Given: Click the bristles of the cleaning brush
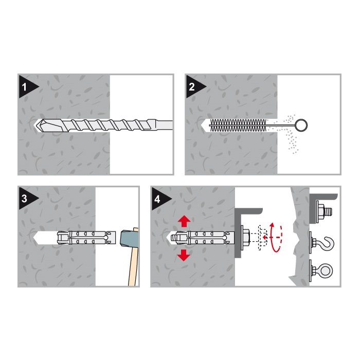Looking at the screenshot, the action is coord(238,125).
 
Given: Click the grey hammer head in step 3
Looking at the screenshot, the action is coord(130,239).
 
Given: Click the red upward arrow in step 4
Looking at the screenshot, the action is coord(184,221).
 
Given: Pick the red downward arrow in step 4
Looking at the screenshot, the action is coord(184,255).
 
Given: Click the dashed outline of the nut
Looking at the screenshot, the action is coord(263,238).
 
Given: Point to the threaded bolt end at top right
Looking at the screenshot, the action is coord(329,211).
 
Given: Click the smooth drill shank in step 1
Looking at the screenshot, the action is coord(164,125).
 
